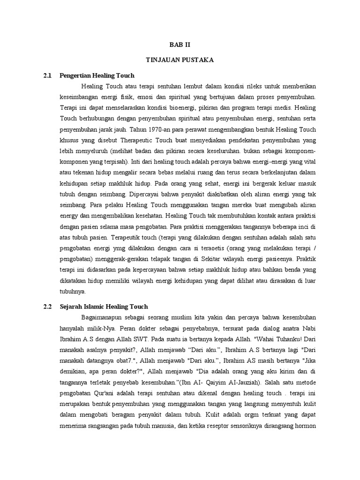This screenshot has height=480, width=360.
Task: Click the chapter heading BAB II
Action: click(180, 45)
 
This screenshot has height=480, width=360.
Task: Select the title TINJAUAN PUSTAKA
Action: click(180, 60)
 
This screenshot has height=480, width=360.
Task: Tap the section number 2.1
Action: click(46, 75)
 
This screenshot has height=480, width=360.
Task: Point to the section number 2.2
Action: click(46, 307)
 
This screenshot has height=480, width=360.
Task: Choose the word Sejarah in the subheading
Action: click(72, 307)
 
